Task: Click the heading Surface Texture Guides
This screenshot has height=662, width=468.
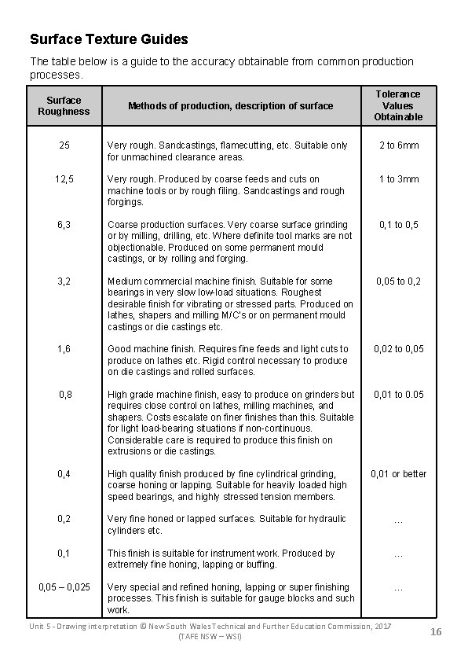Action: coord(108,39)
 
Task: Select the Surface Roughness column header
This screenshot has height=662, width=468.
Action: coord(64,106)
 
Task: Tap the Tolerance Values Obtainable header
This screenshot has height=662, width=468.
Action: coord(398,105)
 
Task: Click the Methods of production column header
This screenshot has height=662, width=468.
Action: coord(230,106)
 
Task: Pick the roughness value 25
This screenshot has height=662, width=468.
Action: coord(64,145)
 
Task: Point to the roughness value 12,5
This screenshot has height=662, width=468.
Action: coord(64,179)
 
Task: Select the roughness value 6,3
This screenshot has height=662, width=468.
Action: coord(64,225)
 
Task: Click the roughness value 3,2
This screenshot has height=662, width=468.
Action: coord(64,281)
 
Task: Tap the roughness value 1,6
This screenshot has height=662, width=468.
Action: coord(64,349)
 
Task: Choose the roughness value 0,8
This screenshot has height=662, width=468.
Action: coord(64,395)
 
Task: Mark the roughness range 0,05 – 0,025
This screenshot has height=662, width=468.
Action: coord(64,587)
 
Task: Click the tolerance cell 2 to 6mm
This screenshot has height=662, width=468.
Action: coord(398,145)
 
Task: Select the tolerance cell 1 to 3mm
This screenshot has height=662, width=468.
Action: coord(398,179)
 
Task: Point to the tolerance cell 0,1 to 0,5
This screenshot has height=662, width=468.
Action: coord(398,225)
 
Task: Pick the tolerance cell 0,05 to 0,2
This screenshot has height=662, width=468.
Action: coord(398,281)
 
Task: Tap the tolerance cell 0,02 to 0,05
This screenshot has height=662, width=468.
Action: coord(398,349)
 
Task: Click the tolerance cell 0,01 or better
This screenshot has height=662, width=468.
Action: coord(398,474)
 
